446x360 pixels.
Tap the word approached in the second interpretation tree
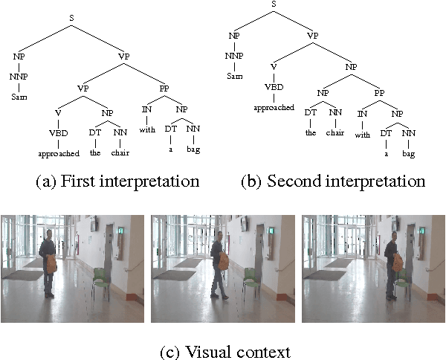[x=273, y=107]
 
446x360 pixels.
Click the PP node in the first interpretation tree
[x=165, y=90]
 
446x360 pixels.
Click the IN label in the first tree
[x=148, y=110]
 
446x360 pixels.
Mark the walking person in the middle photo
[x=219, y=265]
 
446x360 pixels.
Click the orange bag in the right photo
[x=398, y=261]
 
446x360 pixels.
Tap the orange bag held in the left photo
[x=51, y=263]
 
